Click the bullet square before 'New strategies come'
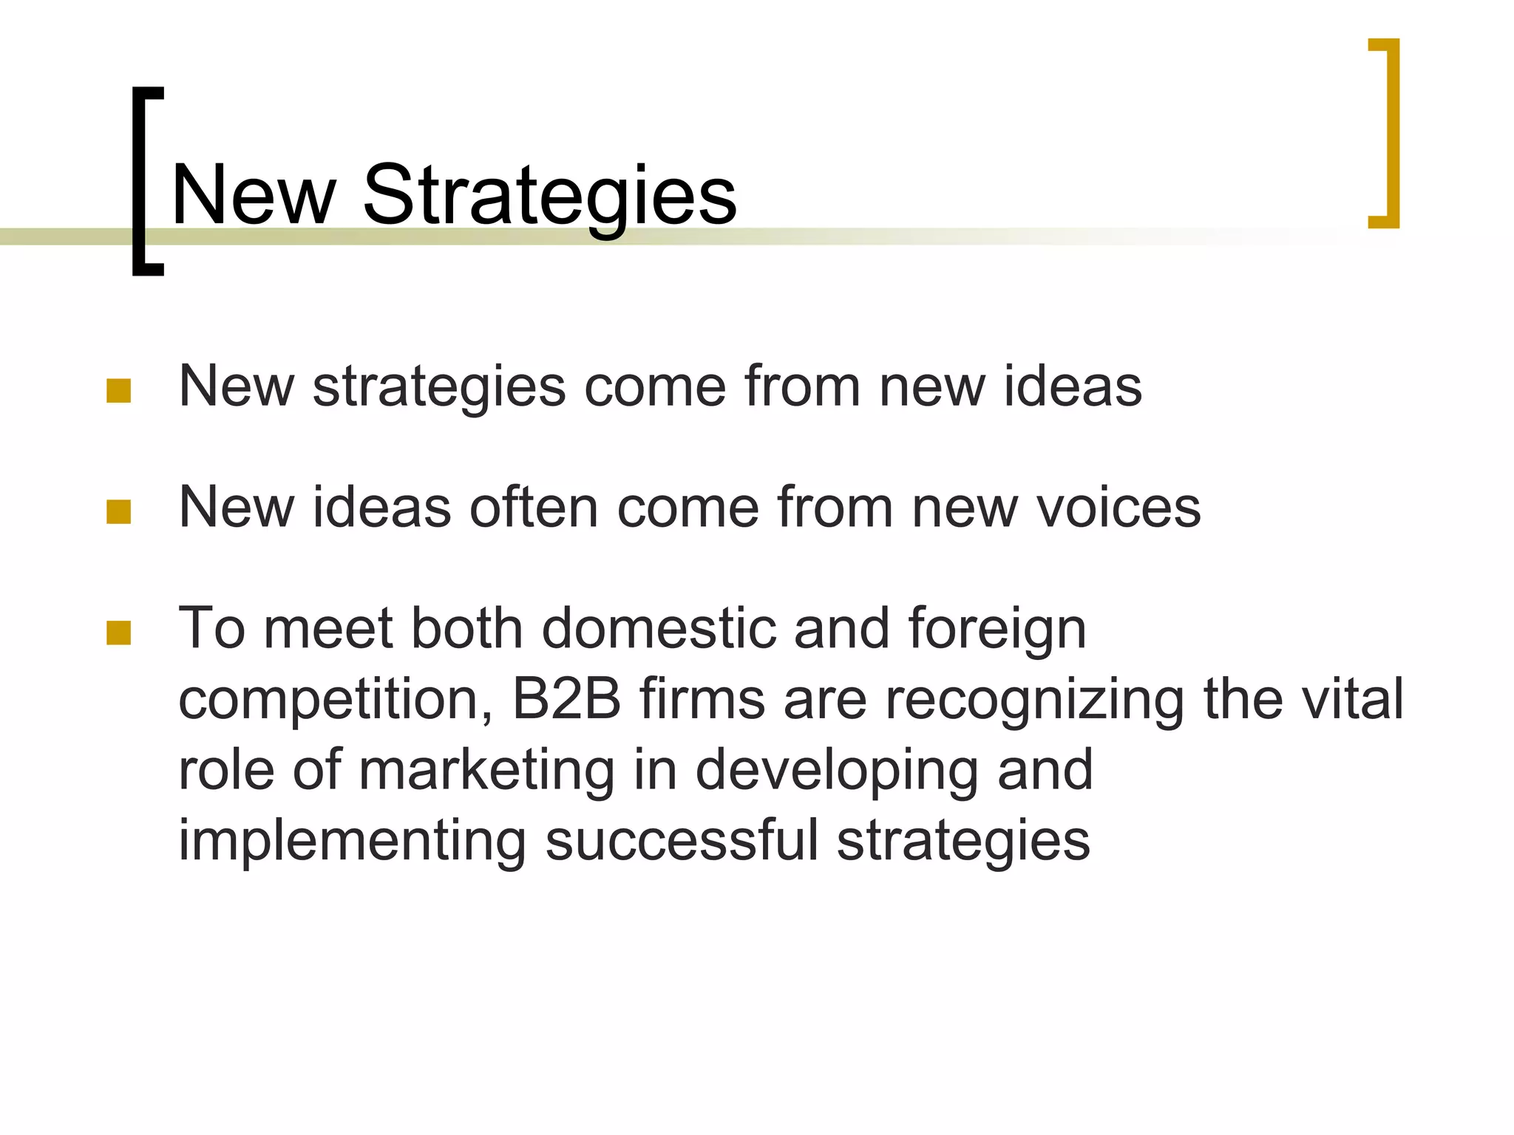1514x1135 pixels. tap(118, 391)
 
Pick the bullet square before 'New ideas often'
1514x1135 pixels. tap(118, 511)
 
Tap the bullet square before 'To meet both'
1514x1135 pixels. tap(118, 633)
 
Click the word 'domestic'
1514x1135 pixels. tap(659, 629)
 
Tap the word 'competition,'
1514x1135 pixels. tap(336, 701)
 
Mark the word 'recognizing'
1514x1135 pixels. tap(1034, 702)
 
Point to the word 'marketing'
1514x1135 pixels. tap(486, 771)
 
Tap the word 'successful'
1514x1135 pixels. tap(682, 841)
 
